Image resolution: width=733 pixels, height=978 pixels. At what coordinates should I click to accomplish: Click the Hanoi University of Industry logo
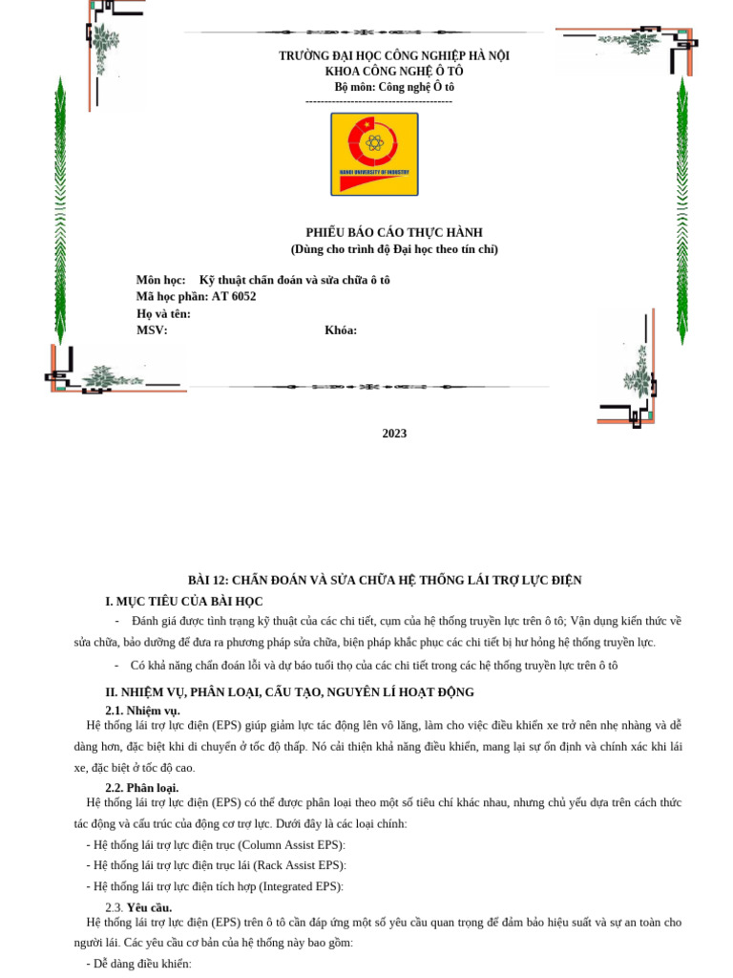[x=374, y=154]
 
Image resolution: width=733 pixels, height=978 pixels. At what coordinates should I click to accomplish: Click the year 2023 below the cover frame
[x=394, y=434]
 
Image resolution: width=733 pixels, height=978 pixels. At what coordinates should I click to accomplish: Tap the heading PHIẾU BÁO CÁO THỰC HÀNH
[x=393, y=233]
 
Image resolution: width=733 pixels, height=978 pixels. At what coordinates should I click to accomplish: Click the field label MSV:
[x=152, y=330]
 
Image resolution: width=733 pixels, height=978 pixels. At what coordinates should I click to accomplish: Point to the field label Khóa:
[x=341, y=330]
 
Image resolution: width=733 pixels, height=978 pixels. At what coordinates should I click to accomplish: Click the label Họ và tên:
[x=163, y=314]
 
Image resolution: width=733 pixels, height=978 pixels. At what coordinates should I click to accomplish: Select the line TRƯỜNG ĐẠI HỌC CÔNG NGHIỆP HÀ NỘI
[x=393, y=56]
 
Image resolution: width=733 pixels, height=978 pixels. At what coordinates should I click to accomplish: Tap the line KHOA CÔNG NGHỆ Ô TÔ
[x=393, y=72]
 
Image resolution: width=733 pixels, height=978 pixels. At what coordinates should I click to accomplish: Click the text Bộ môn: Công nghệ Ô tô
[x=393, y=87]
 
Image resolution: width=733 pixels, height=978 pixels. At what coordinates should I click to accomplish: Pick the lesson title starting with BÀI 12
[x=384, y=581]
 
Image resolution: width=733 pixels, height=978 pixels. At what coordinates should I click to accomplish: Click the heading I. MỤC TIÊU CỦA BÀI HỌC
[x=183, y=602]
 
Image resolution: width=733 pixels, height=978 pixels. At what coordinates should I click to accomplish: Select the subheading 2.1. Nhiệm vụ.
[x=142, y=711]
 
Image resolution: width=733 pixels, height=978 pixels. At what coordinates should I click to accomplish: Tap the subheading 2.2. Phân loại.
[x=141, y=788]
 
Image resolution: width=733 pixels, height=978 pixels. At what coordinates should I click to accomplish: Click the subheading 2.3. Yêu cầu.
[x=138, y=907]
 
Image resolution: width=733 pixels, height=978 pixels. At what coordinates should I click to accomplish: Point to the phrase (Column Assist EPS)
[x=291, y=845]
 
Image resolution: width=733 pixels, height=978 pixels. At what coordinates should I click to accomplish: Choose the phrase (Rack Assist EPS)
[x=300, y=865]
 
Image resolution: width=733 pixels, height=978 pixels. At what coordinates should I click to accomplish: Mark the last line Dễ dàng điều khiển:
[x=138, y=964]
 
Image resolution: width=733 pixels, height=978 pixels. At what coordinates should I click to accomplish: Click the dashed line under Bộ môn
[x=379, y=101]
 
